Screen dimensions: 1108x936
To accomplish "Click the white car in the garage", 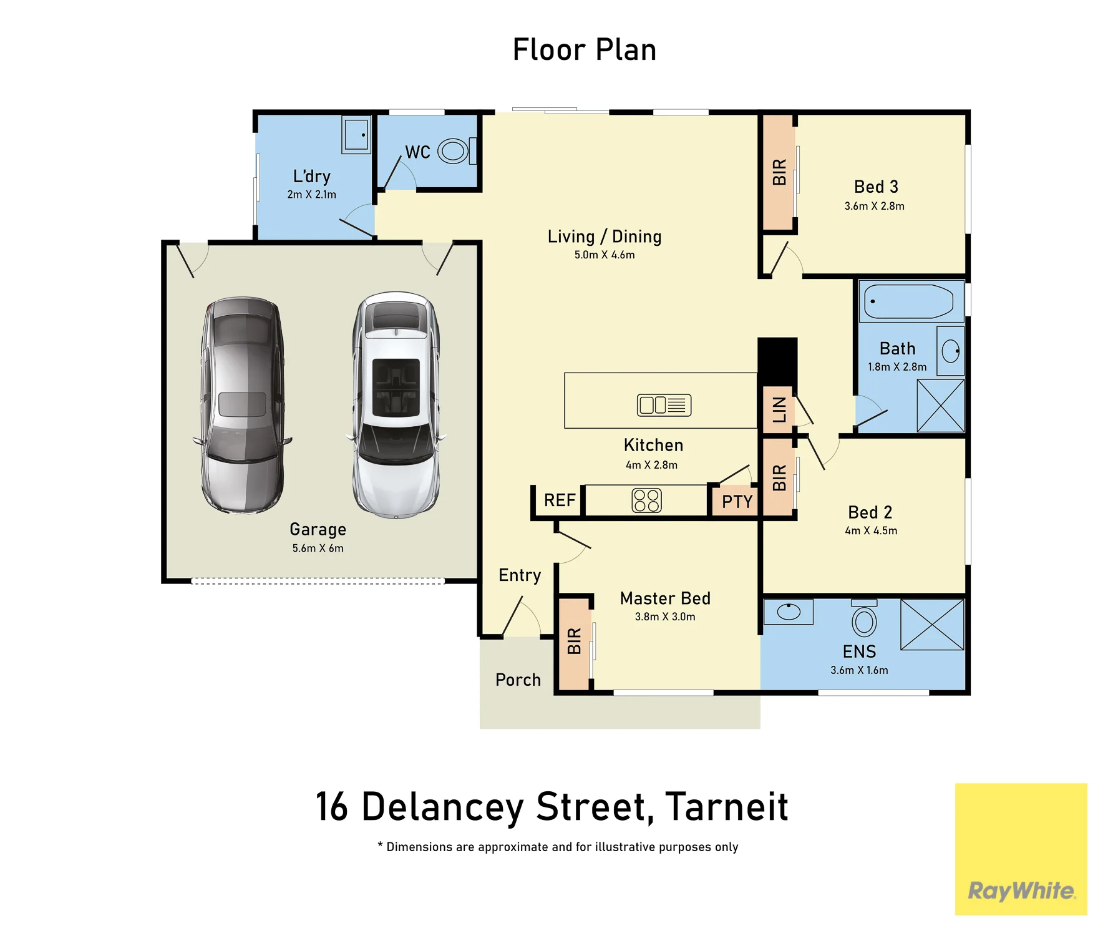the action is point(396,405).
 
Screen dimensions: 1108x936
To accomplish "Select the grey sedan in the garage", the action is point(243,405).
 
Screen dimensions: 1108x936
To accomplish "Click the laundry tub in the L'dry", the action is point(356,134).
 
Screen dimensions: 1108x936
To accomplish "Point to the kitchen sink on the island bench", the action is point(664,405).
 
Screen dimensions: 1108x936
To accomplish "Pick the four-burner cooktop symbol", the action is point(646,500).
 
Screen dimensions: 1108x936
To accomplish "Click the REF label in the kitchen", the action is point(560,500).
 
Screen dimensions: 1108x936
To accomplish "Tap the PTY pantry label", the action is point(737,502).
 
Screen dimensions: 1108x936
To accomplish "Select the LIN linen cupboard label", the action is point(779,410).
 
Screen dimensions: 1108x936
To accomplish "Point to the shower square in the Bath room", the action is point(941,406).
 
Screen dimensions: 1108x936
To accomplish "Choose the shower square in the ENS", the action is point(933,625).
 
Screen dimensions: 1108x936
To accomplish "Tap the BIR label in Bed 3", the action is point(779,172).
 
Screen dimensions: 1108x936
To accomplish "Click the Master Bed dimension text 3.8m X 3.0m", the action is point(665,617).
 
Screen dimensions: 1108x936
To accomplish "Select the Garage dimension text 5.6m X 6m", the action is point(318,548).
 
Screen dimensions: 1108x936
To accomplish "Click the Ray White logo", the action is point(1021,849).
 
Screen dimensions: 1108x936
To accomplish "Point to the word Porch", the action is point(518,680).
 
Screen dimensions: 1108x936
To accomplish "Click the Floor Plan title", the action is point(585,50).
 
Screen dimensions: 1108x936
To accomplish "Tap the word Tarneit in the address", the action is point(727,807).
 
